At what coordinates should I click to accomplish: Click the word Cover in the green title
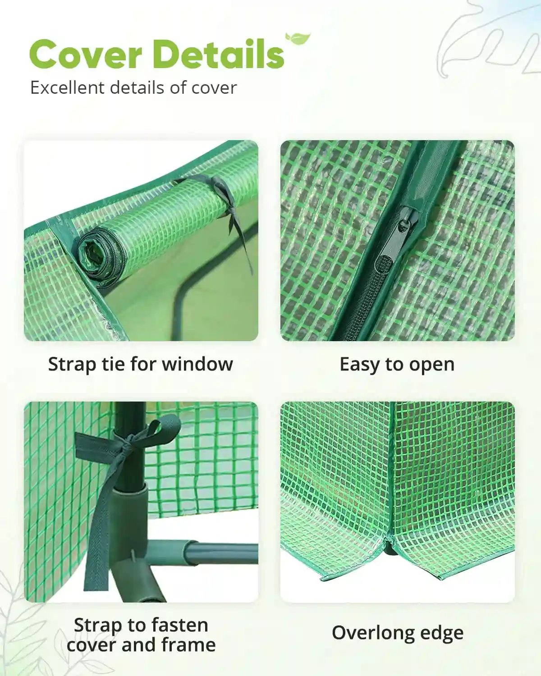[86, 54]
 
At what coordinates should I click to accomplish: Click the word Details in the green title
[219, 54]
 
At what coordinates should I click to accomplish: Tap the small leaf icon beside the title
[298, 39]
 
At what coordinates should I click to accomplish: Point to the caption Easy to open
[397, 364]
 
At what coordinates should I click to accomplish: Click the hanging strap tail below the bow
[97, 541]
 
